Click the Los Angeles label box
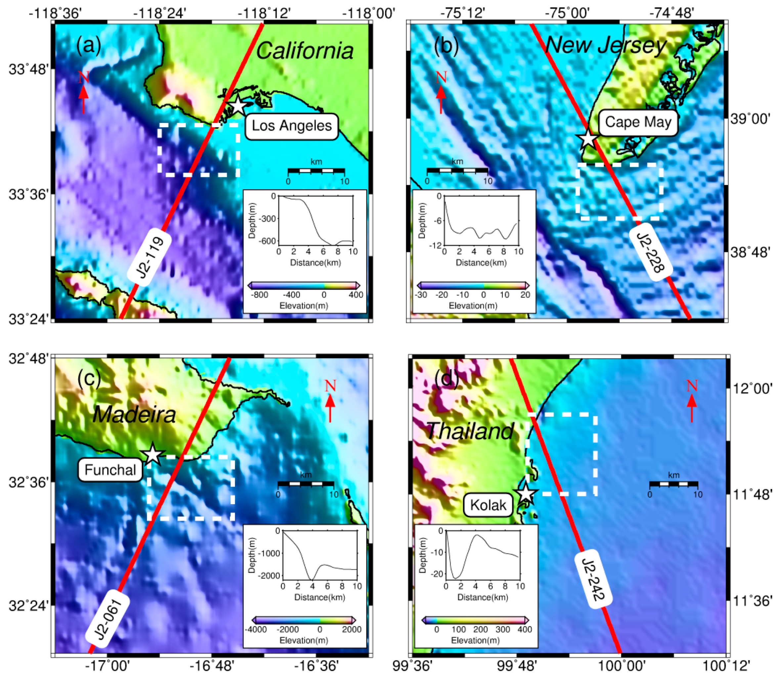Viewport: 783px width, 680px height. pos(291,126)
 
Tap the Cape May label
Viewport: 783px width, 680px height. pos(638,122)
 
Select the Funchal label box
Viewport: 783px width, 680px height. pos(110,470)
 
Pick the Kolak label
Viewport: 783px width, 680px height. pos(488,506)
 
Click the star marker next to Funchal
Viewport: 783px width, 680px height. pos(152,454)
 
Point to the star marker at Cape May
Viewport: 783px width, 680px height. pos(587,139)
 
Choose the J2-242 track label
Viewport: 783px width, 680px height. pos(592,580)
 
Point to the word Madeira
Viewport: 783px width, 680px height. pos(134,414)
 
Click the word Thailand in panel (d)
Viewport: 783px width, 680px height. pos(470,431)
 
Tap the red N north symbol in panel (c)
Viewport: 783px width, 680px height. pos(330,386)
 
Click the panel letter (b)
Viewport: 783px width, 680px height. pos(446,46)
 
